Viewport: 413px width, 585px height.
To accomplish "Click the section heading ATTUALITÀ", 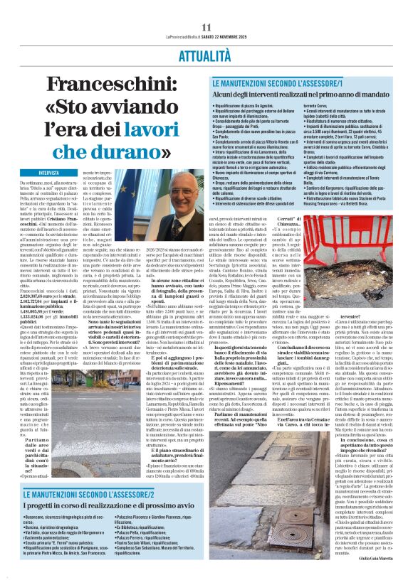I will [206, 54].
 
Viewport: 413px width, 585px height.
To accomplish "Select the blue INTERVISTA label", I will [49, 173].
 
